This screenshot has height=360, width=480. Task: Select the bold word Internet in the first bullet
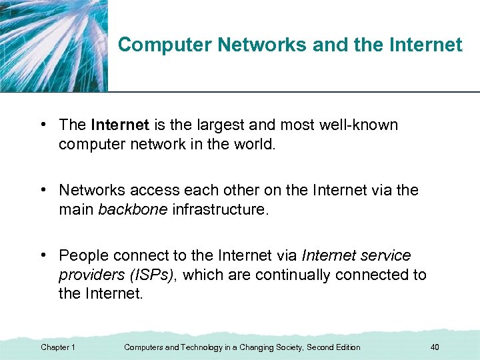pyautogui.click(x=120, y=125)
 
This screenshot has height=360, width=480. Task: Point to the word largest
pyautogui.click(x=213, y=125)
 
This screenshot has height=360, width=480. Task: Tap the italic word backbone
pyautogui.click(x=133, y=210)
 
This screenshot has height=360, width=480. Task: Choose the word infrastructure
pyautogui.click(x=221, y=210)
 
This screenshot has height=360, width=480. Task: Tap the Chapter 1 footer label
pyautogui.click(x=58, y=347)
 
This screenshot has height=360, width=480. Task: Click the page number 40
pyautogui.click(x=435, y=347)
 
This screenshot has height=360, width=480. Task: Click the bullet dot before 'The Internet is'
pyautogui.click(x=42, y=125)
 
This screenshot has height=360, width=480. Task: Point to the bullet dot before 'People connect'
pyautogui.click(x=42, y=256)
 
